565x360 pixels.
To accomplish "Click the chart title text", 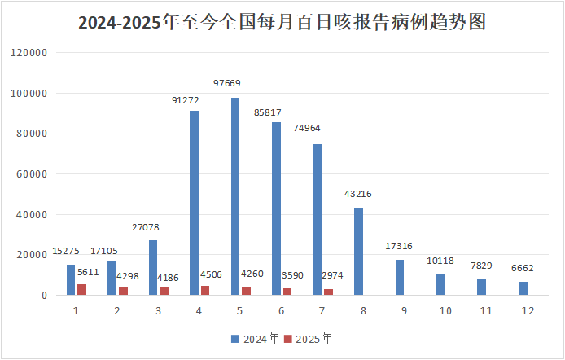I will point(282,22).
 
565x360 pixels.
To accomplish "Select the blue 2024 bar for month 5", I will point(235,196).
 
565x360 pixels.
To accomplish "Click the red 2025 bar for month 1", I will point(81,290).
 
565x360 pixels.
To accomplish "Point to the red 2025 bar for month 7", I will point(327,292).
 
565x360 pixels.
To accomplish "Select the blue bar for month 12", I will point(523,288).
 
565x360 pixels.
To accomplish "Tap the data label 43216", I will point(359,194).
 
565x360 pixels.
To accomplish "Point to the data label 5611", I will point(88,273).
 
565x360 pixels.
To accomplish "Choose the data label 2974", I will point(332,275).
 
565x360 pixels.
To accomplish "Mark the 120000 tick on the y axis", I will point(32,53).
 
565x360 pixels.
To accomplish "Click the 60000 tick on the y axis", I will point(34,174).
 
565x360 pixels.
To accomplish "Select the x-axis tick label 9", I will point(404,311).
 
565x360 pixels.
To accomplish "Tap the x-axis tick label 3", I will point(158,311).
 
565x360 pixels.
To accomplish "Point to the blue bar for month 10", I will point(440,285).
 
